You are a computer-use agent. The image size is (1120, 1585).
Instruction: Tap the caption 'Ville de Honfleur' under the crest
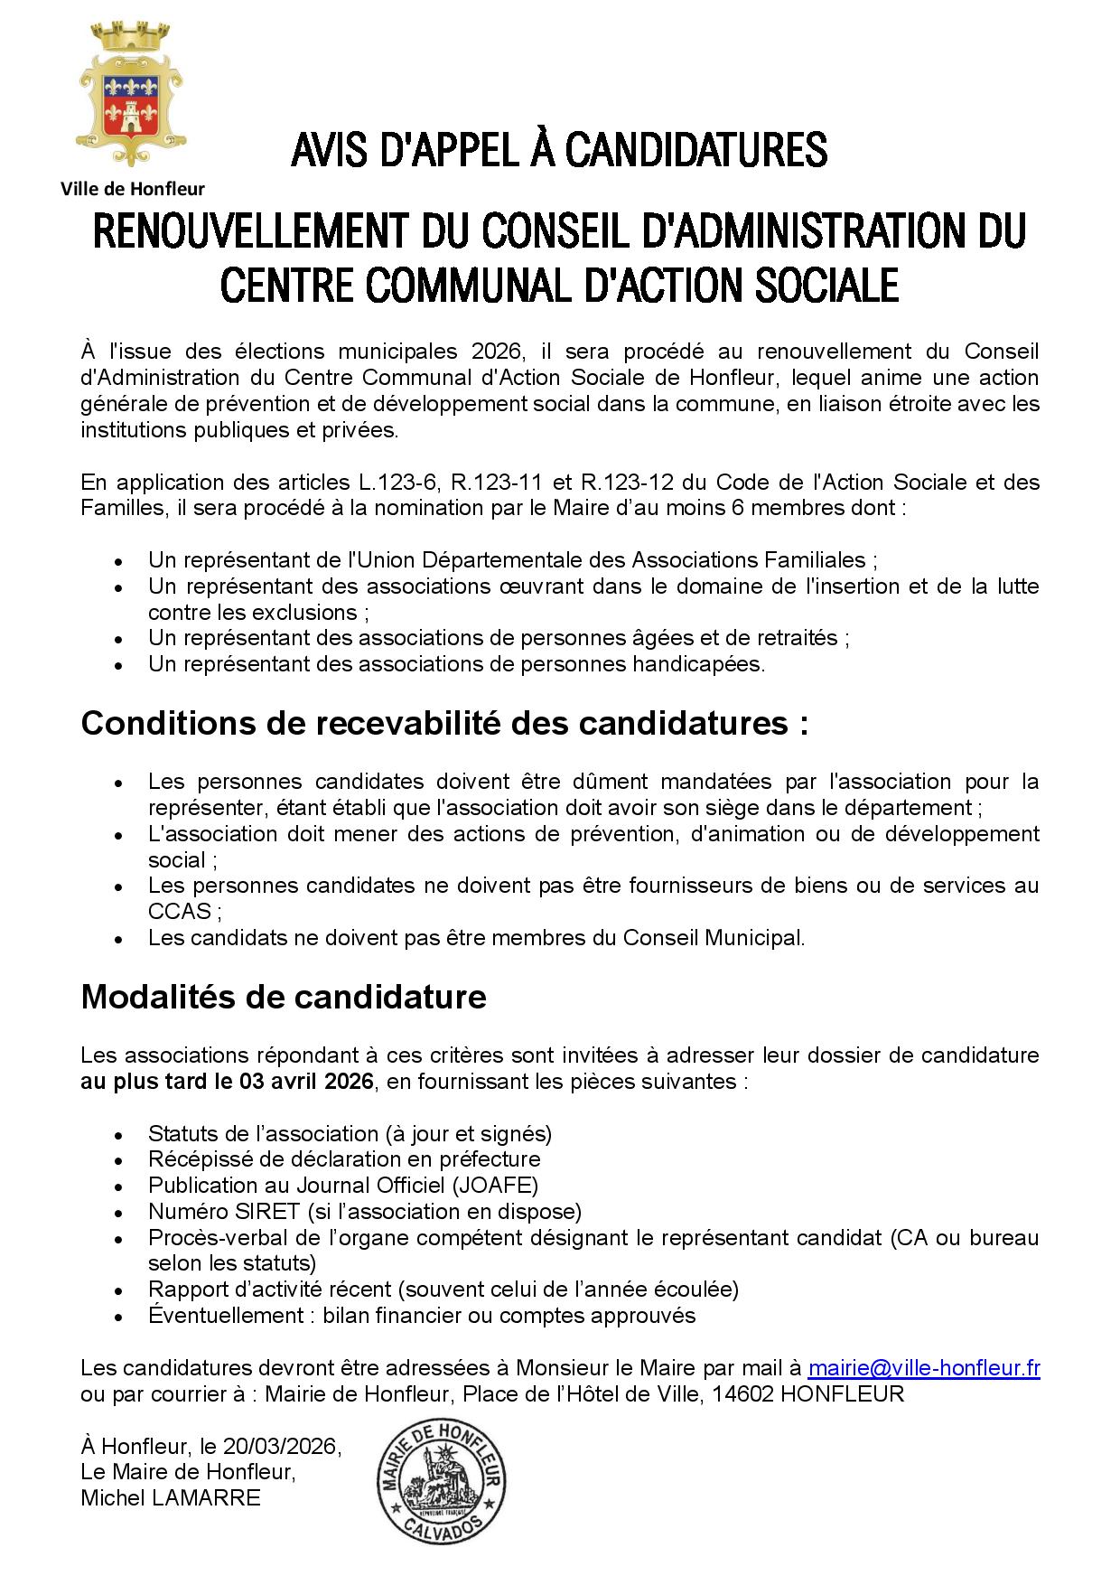pos(132,189)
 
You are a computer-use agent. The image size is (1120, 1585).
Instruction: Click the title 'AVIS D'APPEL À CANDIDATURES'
pos(559,150)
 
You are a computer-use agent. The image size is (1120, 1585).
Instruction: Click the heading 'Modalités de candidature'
pos(284,997)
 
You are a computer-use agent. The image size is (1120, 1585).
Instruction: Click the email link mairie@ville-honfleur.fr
pos(923,1368)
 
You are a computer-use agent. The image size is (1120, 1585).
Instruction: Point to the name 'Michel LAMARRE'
pos(171,1498)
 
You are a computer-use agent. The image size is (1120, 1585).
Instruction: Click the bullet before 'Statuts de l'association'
pos(118,1135)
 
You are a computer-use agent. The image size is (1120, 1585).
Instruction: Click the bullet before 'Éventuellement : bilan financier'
pos(118,1317)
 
